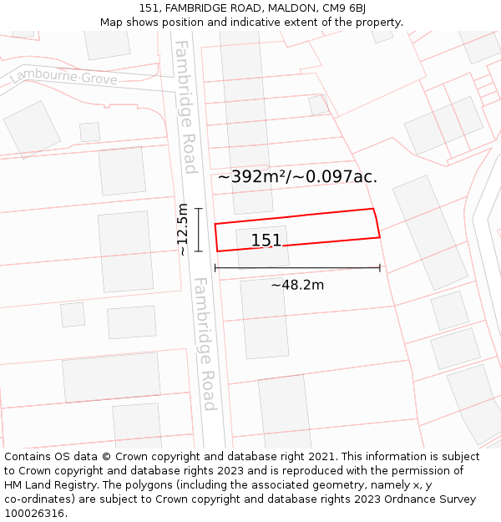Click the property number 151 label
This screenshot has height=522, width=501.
[266, 241]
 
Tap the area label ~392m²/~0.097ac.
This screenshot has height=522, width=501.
[297, 176]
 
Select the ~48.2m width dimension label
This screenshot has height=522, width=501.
[297, 285]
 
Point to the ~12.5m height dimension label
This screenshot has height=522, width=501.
[183, 229]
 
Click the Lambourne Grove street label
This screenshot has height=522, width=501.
[63, 78]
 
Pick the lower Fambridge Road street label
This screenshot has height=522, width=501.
[205, 344]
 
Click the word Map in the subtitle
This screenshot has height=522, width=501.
[111, 23]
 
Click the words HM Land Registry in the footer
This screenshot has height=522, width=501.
[48, 485]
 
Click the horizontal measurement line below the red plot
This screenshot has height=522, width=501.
[297, 268]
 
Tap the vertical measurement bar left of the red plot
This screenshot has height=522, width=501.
[199, 230]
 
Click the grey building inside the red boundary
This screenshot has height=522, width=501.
[263, 246]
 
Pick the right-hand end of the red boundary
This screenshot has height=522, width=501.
[377, 223]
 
